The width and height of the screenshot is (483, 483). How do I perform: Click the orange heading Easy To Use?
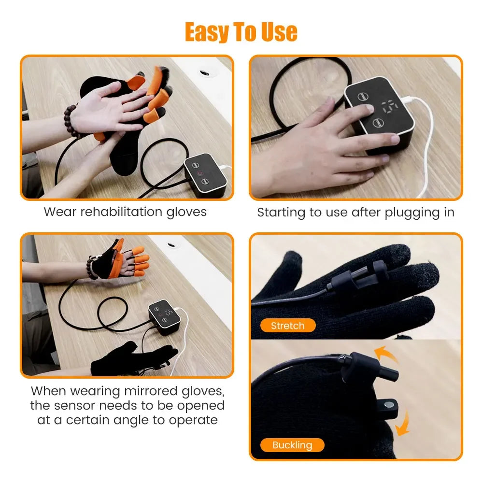241,32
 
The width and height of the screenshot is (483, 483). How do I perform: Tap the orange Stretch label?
288,326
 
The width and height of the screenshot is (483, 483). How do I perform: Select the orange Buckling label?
292,445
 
